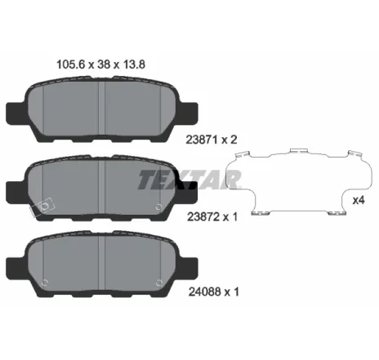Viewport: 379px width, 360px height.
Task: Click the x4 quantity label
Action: click(358, 200)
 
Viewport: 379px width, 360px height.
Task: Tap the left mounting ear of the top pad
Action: click(16, 109)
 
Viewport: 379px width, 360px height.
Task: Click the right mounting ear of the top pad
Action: click(191, 109)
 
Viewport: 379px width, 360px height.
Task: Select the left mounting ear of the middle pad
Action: click(16, 189)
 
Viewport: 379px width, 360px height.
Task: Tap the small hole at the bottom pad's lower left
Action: click(45, 282)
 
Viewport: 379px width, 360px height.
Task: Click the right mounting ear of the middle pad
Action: click(191, 189)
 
